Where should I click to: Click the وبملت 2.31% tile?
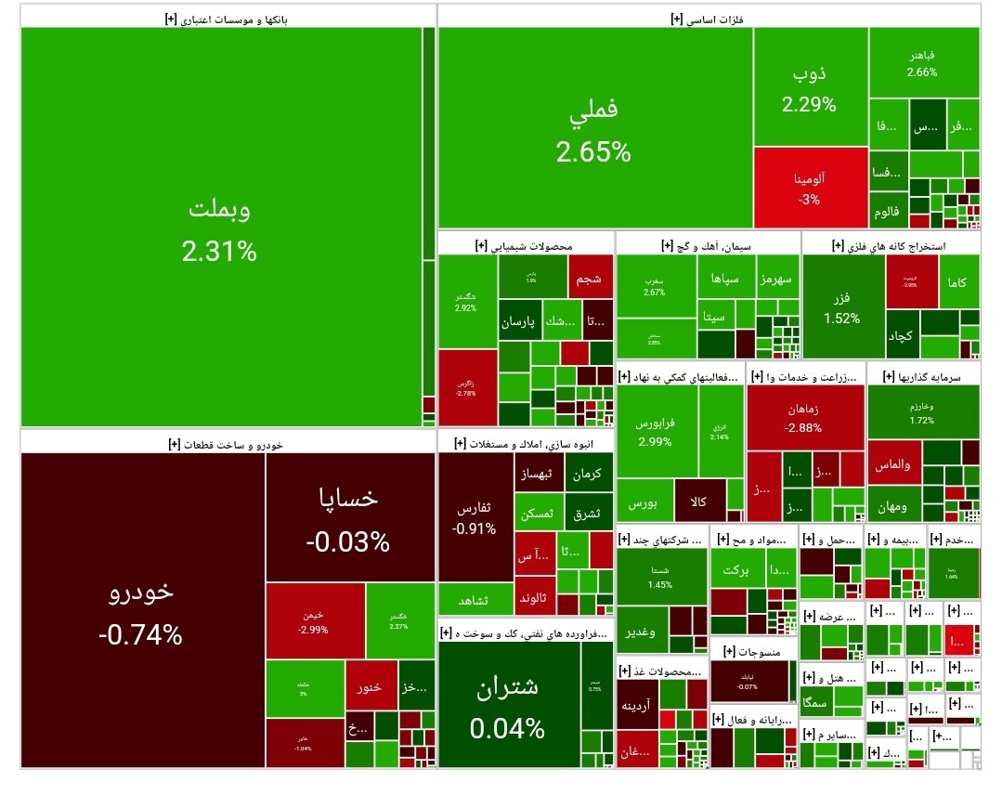click(x=221, y=228)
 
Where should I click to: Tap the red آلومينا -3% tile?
click(x=810, y=187)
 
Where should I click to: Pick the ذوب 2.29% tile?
click(x=810, y=87)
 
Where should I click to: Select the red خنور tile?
click(x=371, y=688)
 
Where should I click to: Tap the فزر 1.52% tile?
click(x=842, y=307)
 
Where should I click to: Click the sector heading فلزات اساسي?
click(x=710, y=17)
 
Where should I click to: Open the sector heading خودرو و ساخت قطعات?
click(x=228, y=444)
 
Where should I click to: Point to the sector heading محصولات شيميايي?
click(x=525, y=245)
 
